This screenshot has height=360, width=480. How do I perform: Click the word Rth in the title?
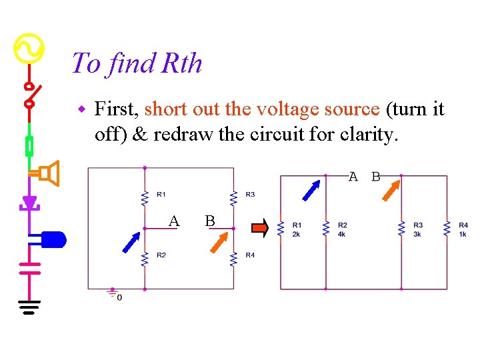click(x=181, y=64)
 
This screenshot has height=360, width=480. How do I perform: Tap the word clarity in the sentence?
click(x=367, y=134)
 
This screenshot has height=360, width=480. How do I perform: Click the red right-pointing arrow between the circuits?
click(x=259, y=229)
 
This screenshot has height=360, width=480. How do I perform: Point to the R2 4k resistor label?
click(x=342, y=229)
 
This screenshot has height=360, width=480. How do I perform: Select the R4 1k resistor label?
click(x=463, y=229)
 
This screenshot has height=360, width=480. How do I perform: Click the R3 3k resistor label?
click(x=417, y=229)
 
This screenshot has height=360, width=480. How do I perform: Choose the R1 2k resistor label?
click(x=297, y=229)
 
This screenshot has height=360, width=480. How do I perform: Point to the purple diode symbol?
click(x=29, y=202)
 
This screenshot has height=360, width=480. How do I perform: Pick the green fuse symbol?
click(x=29, y=145)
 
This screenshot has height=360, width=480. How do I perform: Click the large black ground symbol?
click(x=29, y=307)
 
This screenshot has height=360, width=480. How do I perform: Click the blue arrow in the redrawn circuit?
click(x=312, y=189)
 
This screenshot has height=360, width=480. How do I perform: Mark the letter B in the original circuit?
click(x=210, y=221)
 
